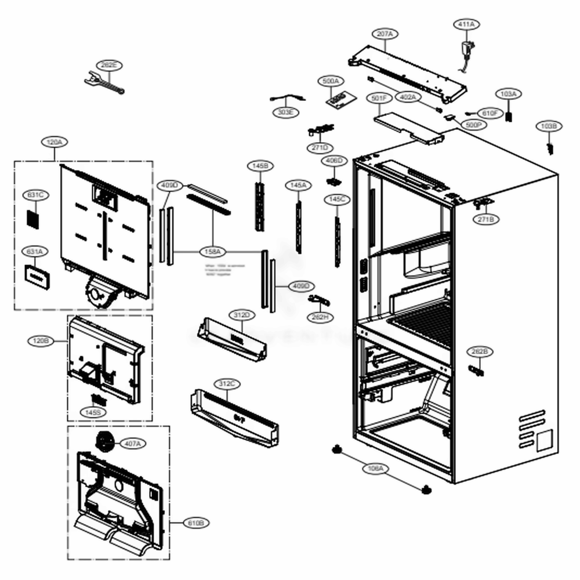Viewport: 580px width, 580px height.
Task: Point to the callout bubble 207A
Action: pos(385,34)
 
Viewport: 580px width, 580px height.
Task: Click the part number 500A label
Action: pos(331,81)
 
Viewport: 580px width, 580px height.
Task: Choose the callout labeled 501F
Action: pos(378,99)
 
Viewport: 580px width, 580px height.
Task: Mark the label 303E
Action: pos(285,112)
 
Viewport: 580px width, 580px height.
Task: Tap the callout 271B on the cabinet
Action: pos(486,219)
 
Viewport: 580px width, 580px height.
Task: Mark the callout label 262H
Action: pos(320,317)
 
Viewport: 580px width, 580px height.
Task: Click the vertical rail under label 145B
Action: pos(259,206)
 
